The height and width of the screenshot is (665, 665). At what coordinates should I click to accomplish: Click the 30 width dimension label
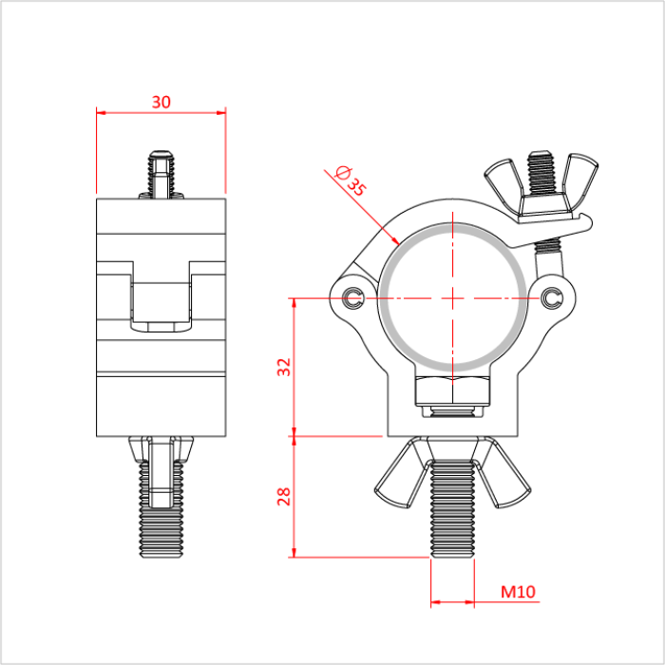(x=161, y=102)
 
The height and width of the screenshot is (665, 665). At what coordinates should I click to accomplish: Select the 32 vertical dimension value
(x=283, y=368)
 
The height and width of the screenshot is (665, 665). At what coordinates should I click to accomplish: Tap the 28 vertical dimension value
(x=283, y=496)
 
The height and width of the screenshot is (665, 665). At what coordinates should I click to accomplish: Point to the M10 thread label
(x=519, y=592)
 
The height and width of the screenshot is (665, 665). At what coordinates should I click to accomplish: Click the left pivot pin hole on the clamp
(x=354, y=298)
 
